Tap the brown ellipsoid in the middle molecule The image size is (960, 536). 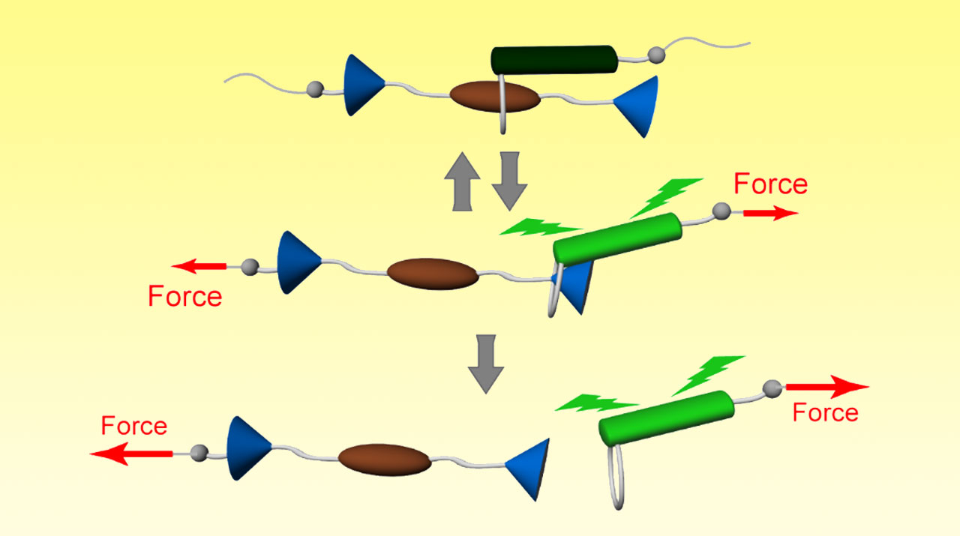[x=432, y=274]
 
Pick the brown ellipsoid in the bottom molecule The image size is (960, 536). [x=385, y=460]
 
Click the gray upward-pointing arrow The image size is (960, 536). [x=460, y=184]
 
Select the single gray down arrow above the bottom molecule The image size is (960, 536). [x=485, y=367]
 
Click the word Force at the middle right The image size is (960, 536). [x=770, y=184]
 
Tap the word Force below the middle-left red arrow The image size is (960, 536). [x=184, y=297]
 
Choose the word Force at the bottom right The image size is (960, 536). [x=825, y=413]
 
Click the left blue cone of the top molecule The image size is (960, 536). [x=361, y=85]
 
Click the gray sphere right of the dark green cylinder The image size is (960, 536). [x=656, y=54]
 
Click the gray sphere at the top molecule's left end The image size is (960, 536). [x=314, y=90]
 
